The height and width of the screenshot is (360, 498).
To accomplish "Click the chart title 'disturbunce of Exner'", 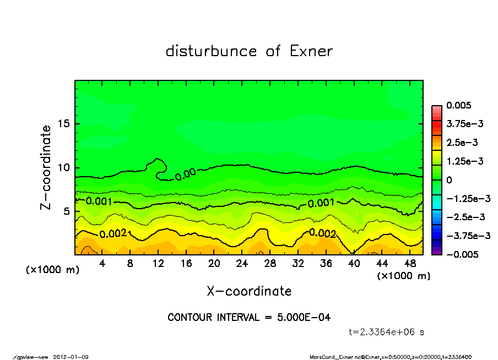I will click(249, 51).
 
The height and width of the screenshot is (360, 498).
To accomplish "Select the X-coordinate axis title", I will click(249, 291).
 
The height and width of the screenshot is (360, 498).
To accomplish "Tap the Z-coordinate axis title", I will click(46, 167).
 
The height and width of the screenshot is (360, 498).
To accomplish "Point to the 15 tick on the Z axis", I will click(64, 124).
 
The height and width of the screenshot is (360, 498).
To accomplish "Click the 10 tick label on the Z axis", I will click(64, 167).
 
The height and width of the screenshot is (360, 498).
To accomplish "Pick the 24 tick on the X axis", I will click(242, 264).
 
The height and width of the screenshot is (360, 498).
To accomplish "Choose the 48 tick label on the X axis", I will click(409, 264).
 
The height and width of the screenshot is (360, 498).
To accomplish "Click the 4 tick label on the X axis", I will click(102, 264).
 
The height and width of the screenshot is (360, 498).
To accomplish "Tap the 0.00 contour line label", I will click(186, 175).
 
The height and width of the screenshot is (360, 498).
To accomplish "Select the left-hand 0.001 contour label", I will click(99, 201).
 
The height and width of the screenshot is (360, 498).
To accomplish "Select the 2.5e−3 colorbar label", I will click(462, 143).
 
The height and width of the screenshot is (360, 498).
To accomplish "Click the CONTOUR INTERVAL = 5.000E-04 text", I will click(249, 318).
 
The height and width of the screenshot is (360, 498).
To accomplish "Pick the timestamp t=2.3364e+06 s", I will click(387, 332).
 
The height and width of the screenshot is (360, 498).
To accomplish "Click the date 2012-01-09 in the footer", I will click(71, 357).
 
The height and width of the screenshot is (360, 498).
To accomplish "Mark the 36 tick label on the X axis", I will click(326, 264).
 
